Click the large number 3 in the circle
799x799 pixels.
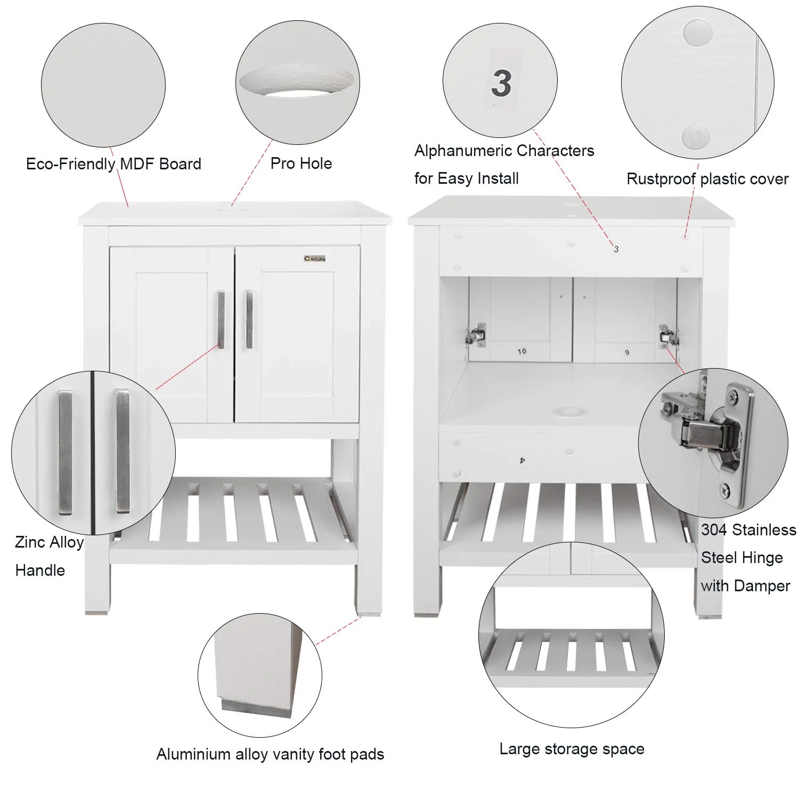501,83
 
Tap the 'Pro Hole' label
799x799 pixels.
301,164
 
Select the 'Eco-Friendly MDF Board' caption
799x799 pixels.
113,164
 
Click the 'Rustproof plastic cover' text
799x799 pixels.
707,179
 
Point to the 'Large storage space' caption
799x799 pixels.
572,749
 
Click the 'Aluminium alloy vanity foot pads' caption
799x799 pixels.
270,754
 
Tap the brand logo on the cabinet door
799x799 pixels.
315,259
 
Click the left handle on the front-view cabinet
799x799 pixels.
221,320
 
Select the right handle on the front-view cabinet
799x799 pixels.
249,320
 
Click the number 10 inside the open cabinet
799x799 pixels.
521,351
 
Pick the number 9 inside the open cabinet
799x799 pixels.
627,352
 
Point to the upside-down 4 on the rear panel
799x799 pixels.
523,459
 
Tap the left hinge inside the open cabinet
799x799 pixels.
476,335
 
